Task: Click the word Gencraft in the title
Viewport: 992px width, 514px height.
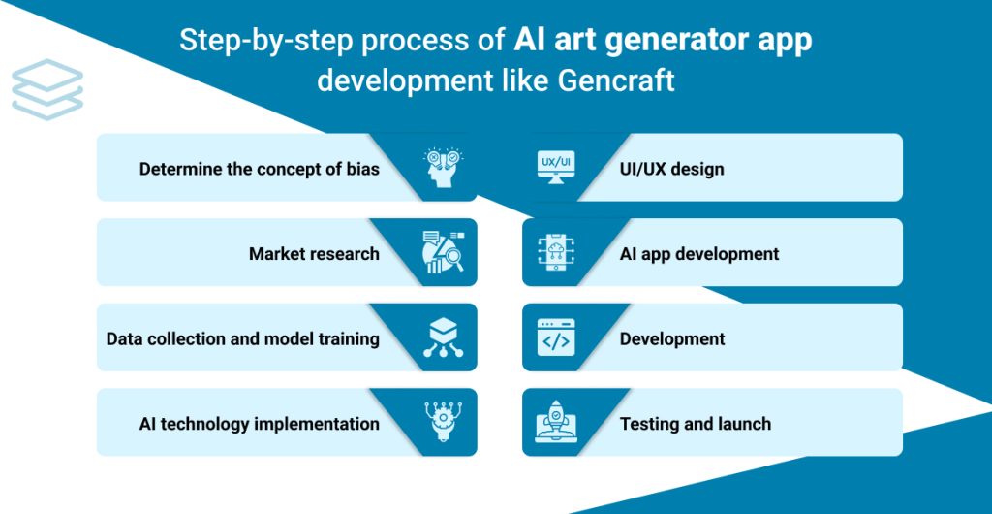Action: (x=616, y=80)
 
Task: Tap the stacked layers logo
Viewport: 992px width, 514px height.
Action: (x=47, y=89)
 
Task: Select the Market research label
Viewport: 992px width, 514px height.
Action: (x=314, y=254)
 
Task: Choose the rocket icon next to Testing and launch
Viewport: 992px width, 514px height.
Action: (x=555, y=424)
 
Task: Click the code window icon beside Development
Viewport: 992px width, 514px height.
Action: (x=555, y=338)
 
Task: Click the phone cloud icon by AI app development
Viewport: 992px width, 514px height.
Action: (x=555, y=253)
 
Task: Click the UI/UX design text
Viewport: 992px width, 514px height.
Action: (x=671, y=169)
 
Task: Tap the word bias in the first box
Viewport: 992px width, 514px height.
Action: (x=362, y=169)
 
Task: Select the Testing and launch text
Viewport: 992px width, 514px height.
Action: (x=695, y=424)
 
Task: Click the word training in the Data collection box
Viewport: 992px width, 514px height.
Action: (x=347, y=339)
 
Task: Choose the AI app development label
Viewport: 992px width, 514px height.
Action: (x=698, y=254)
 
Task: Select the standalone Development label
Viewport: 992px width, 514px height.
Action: (x=671, y=339)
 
